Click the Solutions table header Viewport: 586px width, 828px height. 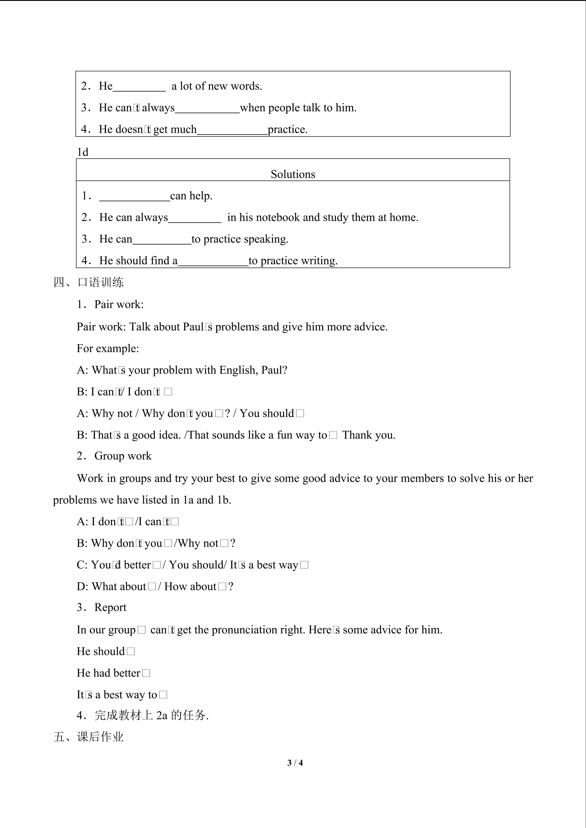click(293, 174)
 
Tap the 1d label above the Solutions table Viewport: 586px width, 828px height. click(83, 152)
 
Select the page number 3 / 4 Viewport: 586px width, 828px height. click(295, 763)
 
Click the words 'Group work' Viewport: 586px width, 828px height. click(123, 456)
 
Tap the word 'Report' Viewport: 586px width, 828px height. click(111, 607)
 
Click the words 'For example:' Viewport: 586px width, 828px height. click(108, 348)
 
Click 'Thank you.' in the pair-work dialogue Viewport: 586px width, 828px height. click(368, 435)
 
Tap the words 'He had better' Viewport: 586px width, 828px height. click(108, 673)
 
